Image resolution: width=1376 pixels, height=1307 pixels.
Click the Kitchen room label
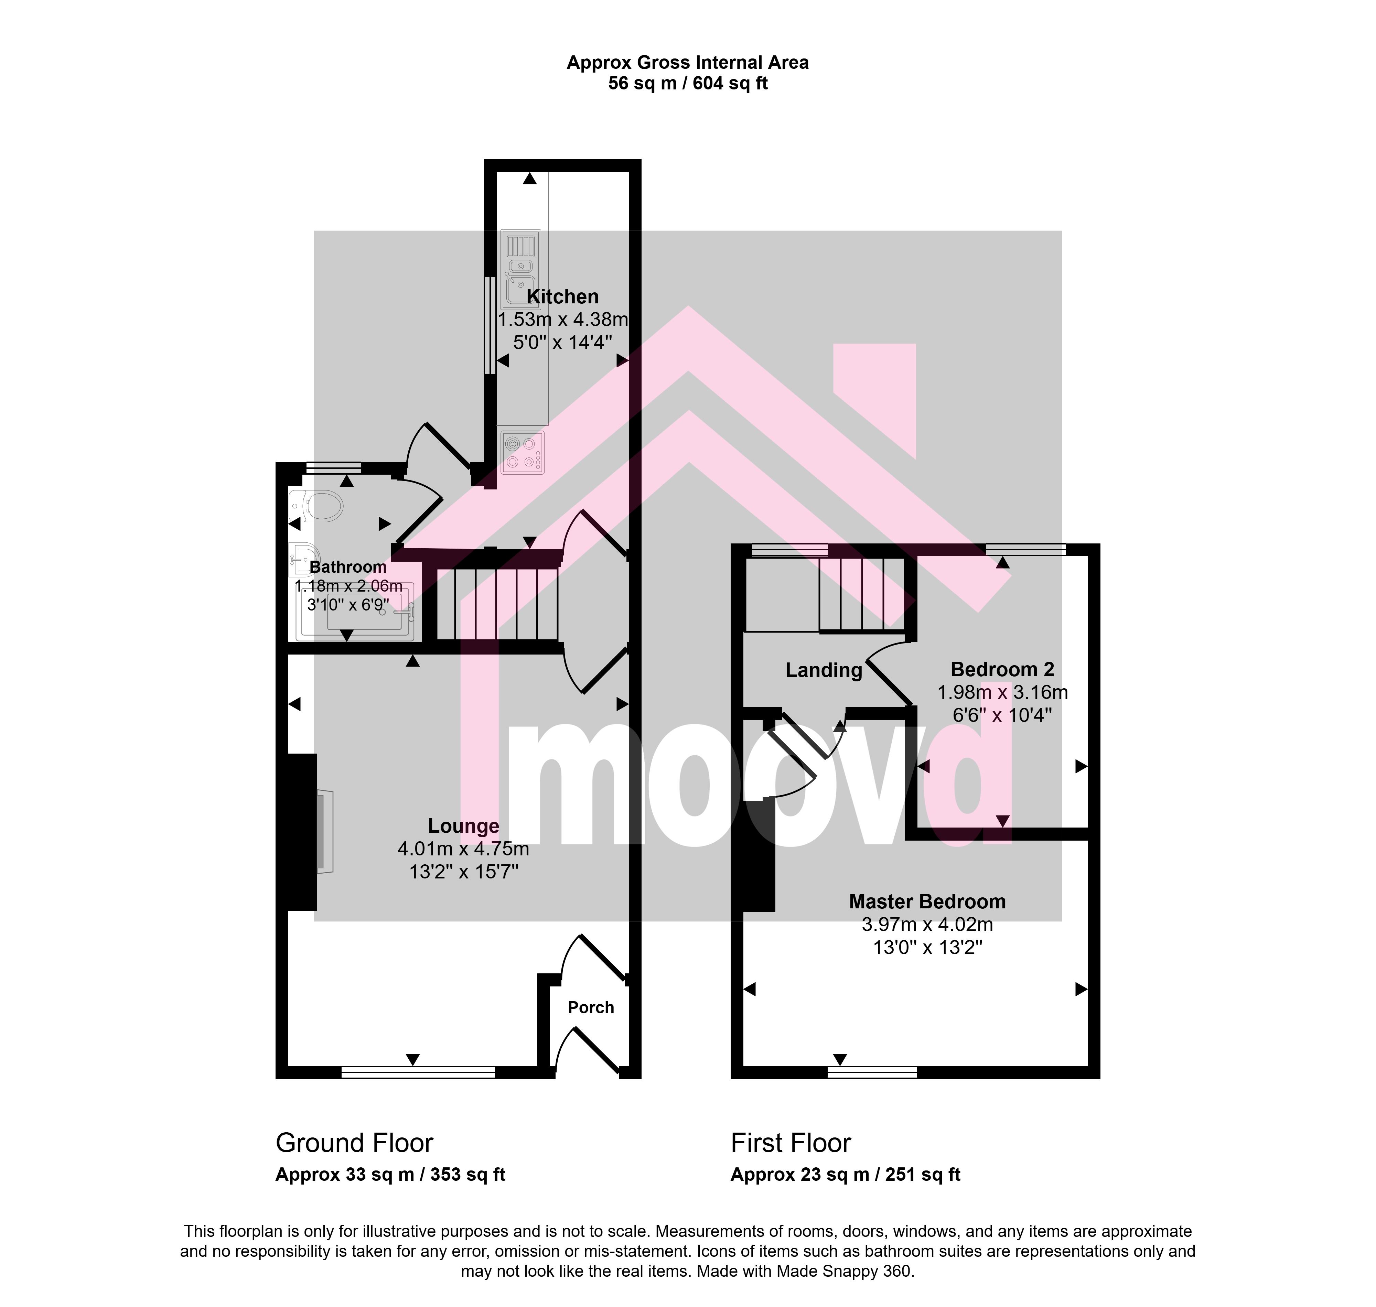pyautogui.click(x=562, y=297)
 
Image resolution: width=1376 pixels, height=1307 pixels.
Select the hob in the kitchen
pyautogui.click(x=522, y=452)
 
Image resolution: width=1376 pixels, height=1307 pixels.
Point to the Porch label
pyautogui.click(x=591, y=1007)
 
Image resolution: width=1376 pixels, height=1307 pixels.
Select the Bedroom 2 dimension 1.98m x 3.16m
pyautogui.click(x=1002, y=692)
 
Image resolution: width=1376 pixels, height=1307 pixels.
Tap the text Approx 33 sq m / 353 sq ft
pyautogui.click(x=390, y=1175)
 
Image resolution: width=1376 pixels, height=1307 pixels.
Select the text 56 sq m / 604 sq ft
pyautogui.click(x=688, y=84)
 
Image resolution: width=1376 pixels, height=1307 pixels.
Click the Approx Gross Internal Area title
pyautogui.click(x=688, y=63)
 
